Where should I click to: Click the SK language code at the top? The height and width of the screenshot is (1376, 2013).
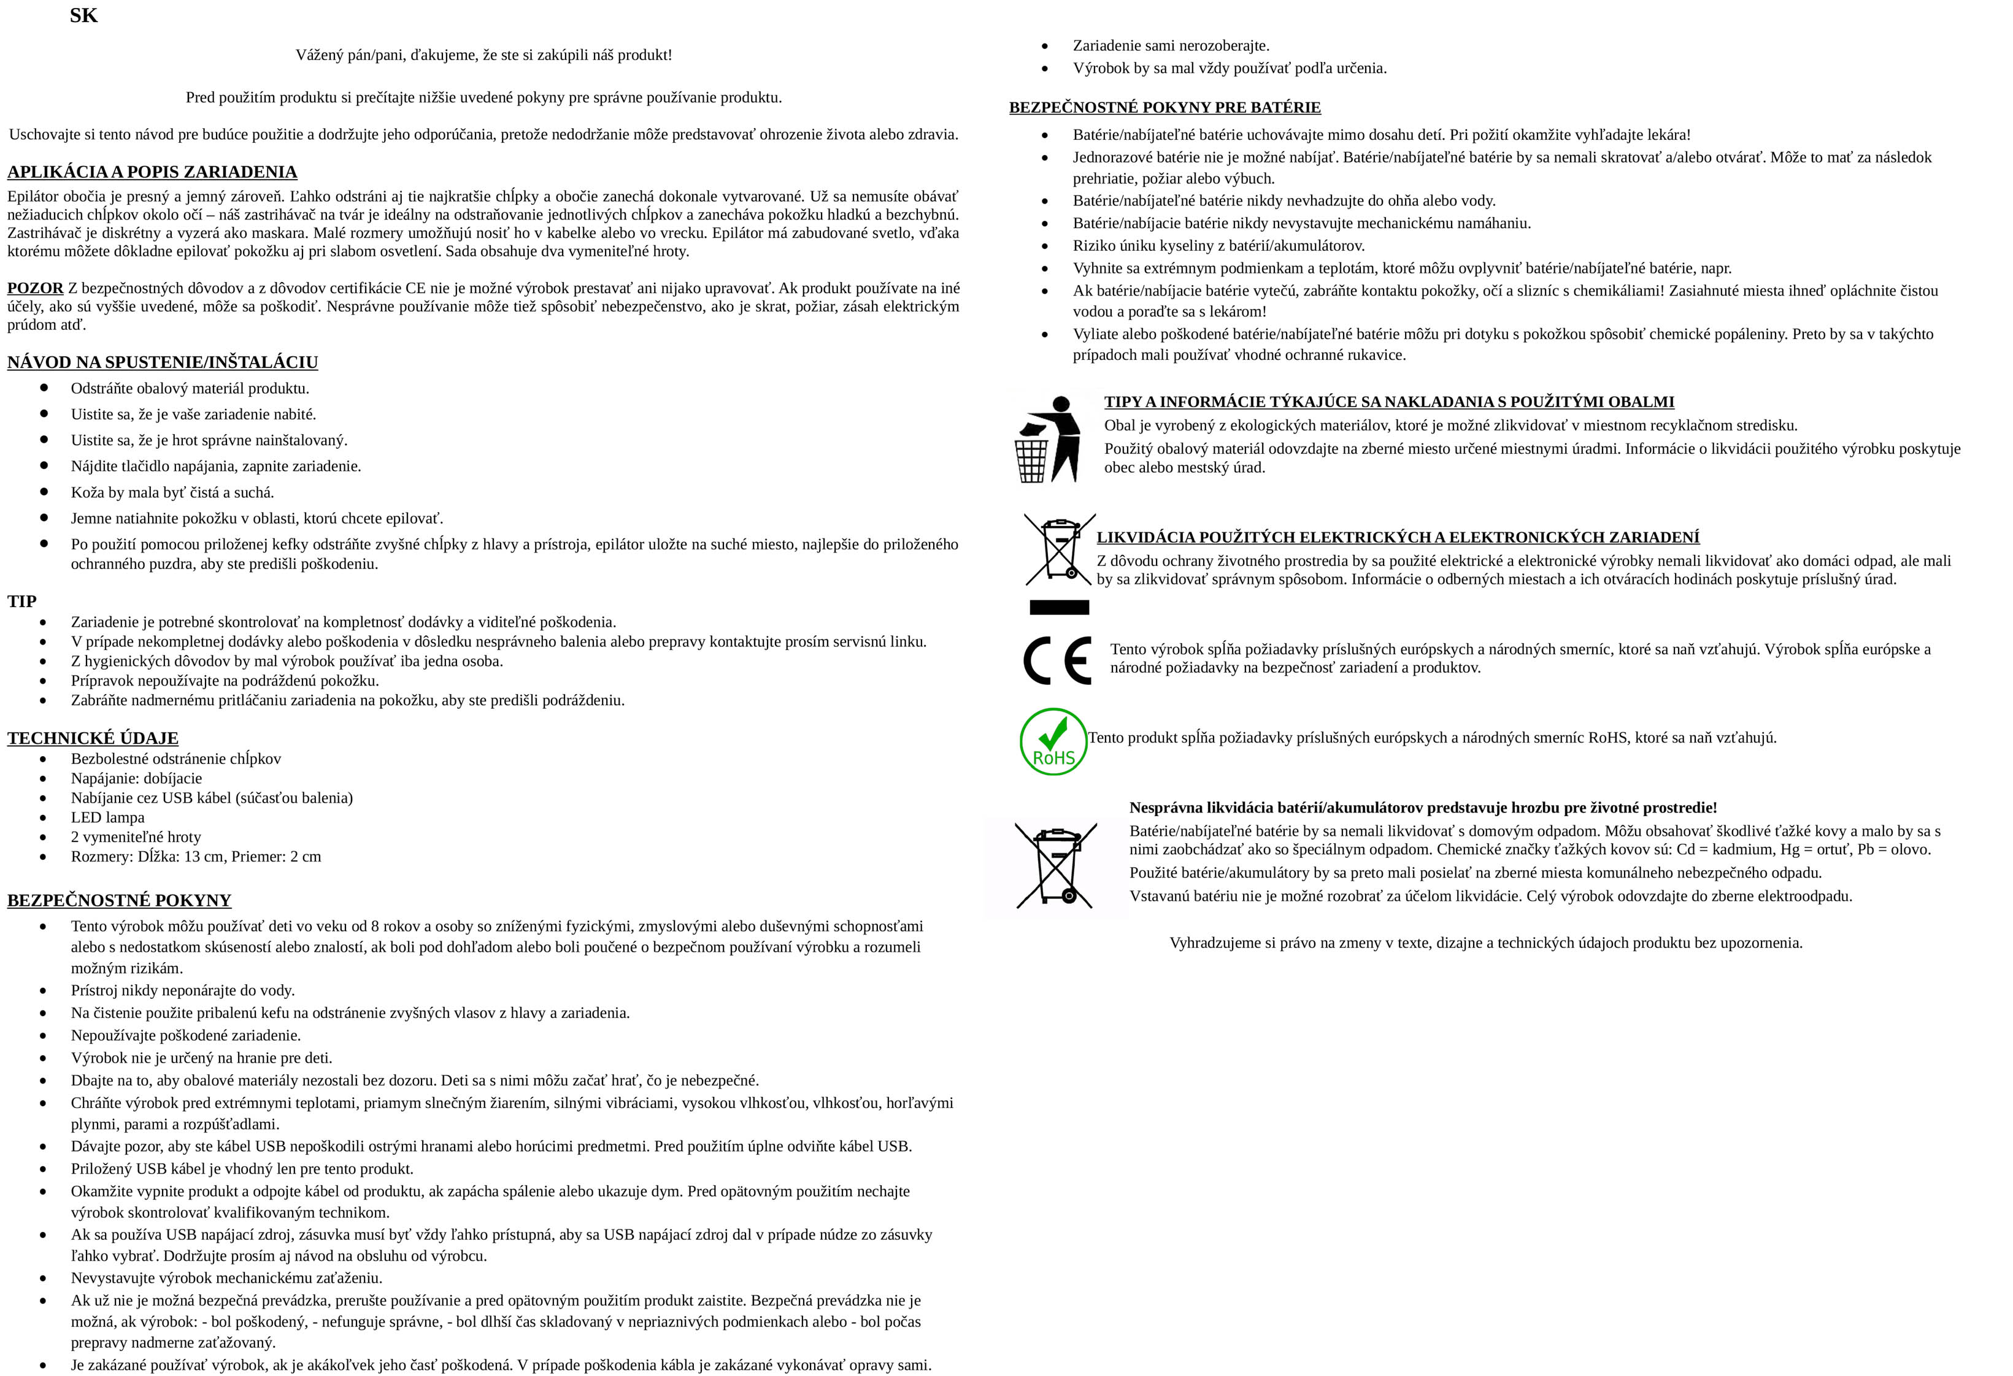point(84,15)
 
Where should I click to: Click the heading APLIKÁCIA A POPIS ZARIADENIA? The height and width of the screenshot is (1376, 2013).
point(152,172)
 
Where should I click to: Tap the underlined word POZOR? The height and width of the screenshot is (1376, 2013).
point(36,288)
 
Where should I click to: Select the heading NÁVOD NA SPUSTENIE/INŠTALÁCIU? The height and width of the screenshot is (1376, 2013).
point(163,362)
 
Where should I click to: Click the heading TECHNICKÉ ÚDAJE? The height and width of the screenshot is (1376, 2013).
point(93,738)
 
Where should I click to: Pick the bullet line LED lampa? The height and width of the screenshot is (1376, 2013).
point(107,817)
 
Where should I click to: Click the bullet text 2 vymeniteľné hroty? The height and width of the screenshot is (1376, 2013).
point(136,836)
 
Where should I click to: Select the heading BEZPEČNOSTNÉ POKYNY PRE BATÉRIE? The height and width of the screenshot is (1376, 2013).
point(1165,107)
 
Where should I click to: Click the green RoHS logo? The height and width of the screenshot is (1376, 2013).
point(1053,741)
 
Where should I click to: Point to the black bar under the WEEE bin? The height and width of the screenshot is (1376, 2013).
point(1058,607)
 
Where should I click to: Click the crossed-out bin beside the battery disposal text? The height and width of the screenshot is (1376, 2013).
point(1056,865)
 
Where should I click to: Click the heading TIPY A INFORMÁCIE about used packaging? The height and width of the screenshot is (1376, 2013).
point(1388,402)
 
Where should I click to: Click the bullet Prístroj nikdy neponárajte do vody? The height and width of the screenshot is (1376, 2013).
point(183,990)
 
